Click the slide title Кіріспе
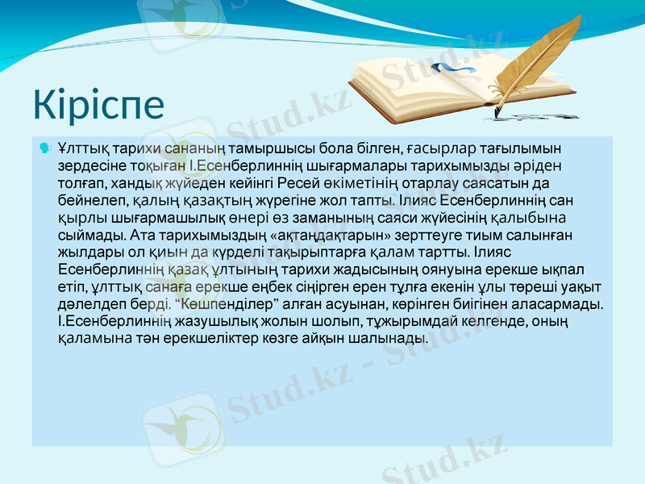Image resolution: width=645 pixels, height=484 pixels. [x=98, y=104]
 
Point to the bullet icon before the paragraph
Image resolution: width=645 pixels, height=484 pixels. [x=44, y=148]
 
